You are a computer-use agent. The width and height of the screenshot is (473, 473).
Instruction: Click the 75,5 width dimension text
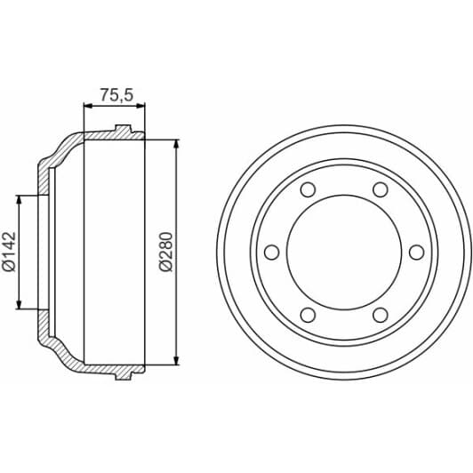coord(114,92)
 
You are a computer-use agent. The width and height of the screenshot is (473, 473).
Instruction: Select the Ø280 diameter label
coord(165,252)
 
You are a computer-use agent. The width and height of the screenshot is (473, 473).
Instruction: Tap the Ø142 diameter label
coord(8,252)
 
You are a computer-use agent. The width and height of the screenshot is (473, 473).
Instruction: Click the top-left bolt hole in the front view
coord(308,190)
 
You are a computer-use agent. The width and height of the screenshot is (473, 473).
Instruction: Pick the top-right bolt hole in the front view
coord(380,190)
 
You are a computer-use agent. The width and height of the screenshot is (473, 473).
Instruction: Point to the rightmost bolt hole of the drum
coord(416,253)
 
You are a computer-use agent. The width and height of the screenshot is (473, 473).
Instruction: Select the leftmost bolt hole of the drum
coord(272,253)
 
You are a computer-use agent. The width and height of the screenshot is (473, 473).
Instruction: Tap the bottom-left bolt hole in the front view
coord(308,315)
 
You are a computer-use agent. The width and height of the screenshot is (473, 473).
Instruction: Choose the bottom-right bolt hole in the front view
coord(380,315)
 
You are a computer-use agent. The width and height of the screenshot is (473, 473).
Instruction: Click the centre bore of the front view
coord(344,253)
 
